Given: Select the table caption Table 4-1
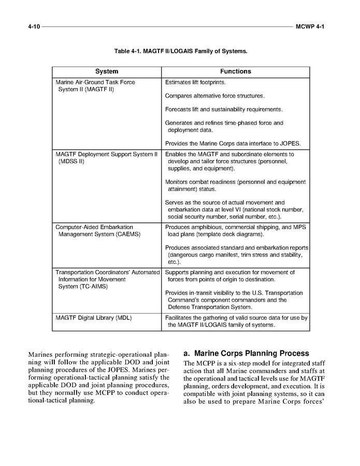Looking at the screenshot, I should (x=180, y=51).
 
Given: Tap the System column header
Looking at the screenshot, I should (x=107, y=72).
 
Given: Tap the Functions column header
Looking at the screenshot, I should (x=235, y=72).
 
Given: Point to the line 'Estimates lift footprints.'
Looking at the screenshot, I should (x=195, y=82).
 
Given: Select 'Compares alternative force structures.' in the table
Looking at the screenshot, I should (x=214, y=96).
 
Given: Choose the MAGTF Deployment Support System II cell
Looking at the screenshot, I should (x=106, y=154).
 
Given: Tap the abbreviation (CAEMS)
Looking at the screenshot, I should (x=122, y=234).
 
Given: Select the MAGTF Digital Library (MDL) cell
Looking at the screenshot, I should (x=93, y=317).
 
